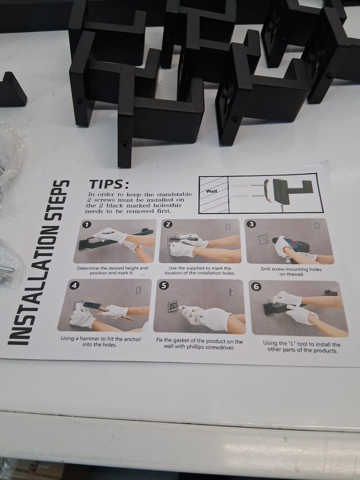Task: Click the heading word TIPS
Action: click(108, 184)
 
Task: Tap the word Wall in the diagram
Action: click(211, 191)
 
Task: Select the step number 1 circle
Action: click(86, 224)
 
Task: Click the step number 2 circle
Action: click(167, 224)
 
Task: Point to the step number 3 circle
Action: click(251, 224)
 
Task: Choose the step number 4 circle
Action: click(74, 285)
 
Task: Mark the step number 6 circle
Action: click(256, 286)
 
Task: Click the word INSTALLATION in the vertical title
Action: click(30, 281)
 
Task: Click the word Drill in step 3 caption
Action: click(266, 269)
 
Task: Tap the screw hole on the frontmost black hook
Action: click(125, 143)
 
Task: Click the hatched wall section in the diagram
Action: click(213, 195)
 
